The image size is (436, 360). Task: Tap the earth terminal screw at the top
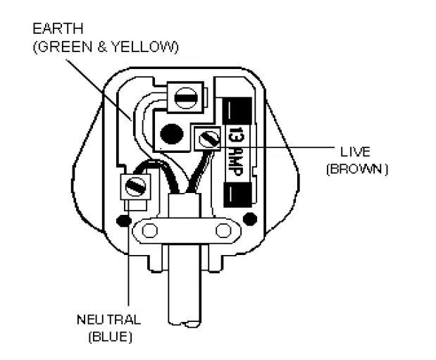(186, 97)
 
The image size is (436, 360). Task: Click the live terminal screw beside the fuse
(207, 138)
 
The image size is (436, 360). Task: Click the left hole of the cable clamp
(149, 229)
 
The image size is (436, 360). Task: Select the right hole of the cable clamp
(223, 230)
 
